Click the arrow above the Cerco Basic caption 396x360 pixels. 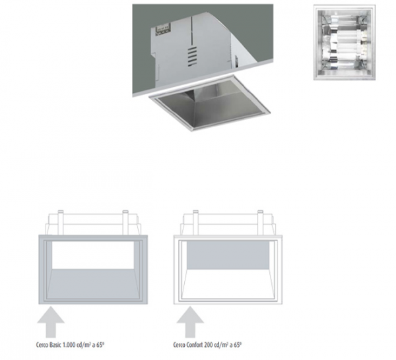coord(51,322)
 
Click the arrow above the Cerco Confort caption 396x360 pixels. coord(190,322)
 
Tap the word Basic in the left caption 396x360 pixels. coord(55,345)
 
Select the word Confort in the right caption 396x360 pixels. coord(195,345)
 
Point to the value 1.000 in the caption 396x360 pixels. coord(69,345)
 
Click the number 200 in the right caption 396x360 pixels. coord(209,345)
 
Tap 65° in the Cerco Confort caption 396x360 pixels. coord(238,345)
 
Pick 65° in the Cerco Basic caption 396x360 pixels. coord(100,345)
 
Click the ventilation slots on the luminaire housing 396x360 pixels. coord(192,56)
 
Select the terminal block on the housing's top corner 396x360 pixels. coord(162,28)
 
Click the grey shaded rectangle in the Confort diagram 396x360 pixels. coord(228,255)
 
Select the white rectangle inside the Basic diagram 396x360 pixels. coord(93,255)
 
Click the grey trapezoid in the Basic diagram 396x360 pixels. coord(93,284)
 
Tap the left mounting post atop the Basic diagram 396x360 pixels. coord(60,222)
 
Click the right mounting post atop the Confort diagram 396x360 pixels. coord(261,222)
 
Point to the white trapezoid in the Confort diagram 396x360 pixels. coord(228,284)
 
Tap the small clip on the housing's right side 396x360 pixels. coord(237,61)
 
